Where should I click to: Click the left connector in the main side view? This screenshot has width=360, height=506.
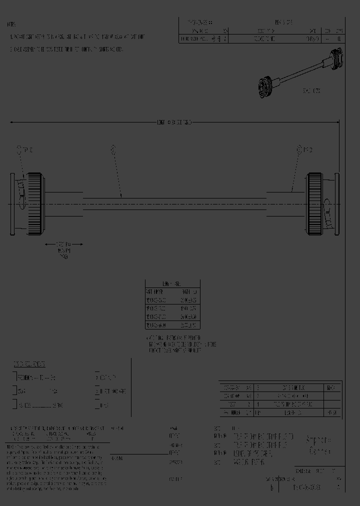[27, 204]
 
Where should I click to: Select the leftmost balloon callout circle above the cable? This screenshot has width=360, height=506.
[19, 149]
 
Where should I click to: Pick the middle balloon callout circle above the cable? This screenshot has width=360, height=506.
[113, 148]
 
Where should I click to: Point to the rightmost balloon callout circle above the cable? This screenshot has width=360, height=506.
[299, 149]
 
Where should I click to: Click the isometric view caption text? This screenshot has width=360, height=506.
[311, 91]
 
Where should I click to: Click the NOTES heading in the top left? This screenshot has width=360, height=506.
[12, 24]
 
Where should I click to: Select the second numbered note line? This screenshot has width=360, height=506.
[67, 49]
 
